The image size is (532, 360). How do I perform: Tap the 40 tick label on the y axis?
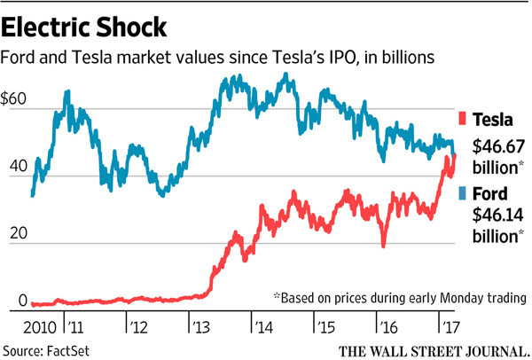[x=14, y=168]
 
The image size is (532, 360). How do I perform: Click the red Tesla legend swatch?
[x=462, y=119]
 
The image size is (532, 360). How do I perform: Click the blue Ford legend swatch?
[x=462, y=192]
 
